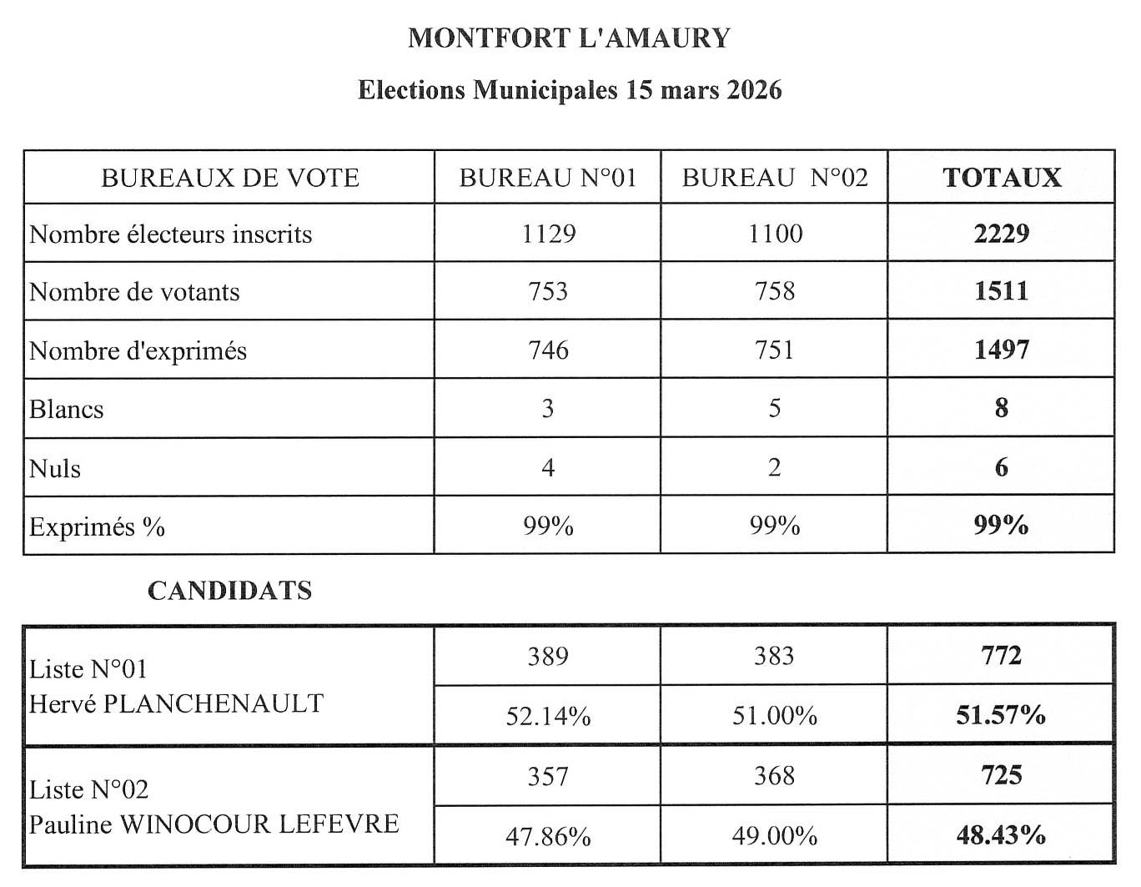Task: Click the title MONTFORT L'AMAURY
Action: coord(569,38)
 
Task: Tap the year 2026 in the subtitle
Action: coord(754,89)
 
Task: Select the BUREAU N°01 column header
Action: coord(547,178)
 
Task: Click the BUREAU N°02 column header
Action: coord(774,178)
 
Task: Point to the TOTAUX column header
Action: coord(1001,178)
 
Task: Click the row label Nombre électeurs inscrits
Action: coord(171,234)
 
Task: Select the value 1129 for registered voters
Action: coord(548,234)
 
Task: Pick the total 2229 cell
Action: coord(1001,234)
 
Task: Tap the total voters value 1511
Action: coord(1001,291)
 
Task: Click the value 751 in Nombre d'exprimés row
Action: coord(774,350)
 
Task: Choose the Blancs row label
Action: coord(67,410)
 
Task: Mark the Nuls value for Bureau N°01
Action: coord(548,467)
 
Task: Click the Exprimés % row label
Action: coord(97,527)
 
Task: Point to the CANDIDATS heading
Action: coord(229,591)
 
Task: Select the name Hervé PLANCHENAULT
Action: coord(176,704)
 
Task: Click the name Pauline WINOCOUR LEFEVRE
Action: coord(214,824)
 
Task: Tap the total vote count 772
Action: coord(1001,656)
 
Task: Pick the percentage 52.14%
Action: coord(548,716)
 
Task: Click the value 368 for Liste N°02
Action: coord(774,776)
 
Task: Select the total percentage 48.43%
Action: coord(1001,835)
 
